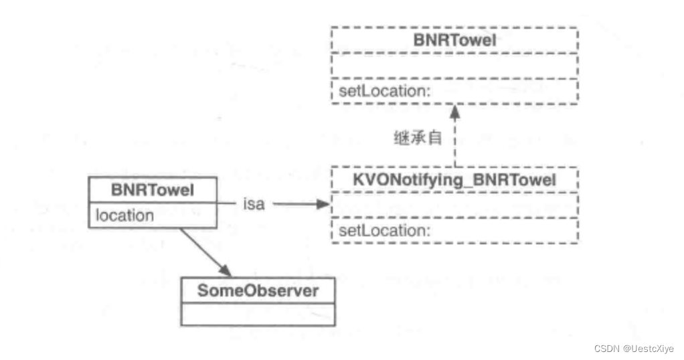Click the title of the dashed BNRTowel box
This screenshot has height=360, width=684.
[x=454, y=40]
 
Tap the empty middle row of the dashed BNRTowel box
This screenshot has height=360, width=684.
[x=454, y=67]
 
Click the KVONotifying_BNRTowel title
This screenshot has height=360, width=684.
[x=454, y=181]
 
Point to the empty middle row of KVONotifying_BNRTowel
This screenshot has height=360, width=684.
[x=454, y=205]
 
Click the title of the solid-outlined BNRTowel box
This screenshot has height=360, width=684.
[x=153, y=190]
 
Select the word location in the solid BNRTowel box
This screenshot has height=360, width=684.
[x=124, y=215]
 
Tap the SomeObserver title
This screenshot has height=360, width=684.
[x=258, y=291]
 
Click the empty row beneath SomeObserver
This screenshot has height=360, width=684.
[x=258, y=314]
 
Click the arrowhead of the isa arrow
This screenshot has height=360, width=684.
[x=325, y=205]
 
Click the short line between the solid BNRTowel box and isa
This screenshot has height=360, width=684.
[x=228, y=205]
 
